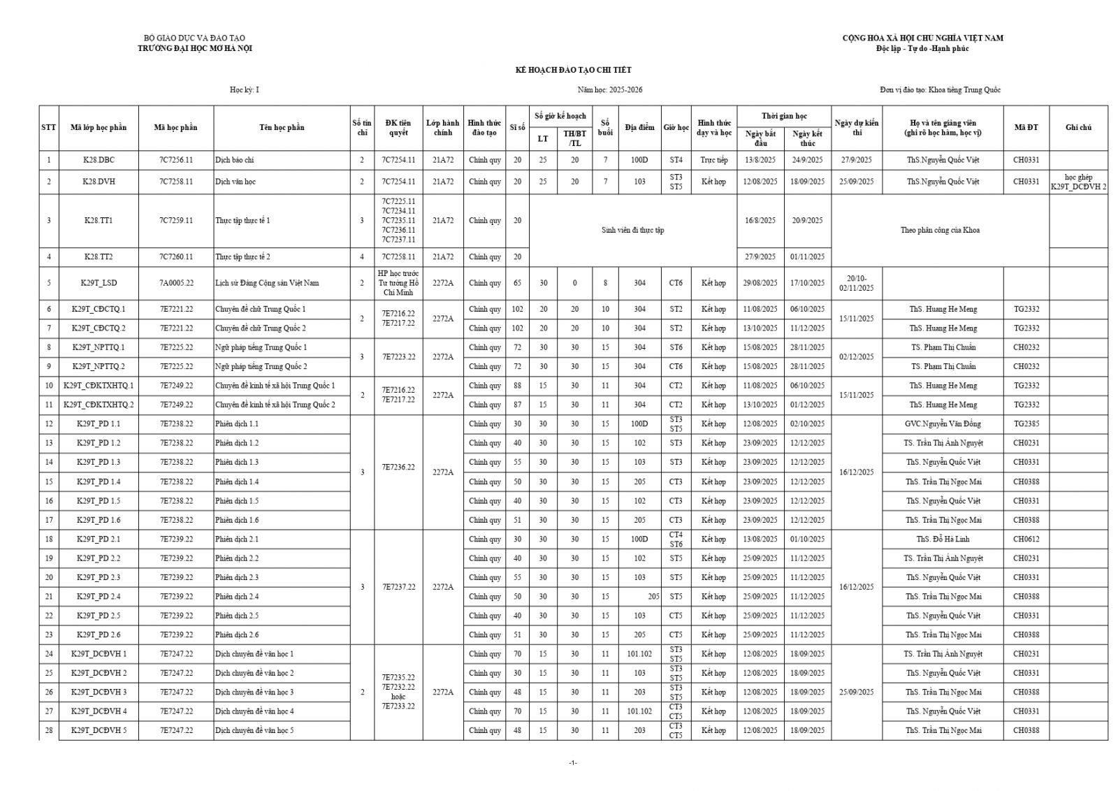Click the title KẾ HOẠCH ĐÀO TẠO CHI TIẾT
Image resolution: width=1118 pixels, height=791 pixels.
click(x=573, y=70)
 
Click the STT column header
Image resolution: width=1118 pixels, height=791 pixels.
click(x=48, y=127)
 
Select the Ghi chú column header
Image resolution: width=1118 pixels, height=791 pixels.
click(x=1078, y=127)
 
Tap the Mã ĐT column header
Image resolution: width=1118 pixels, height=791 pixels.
click(x=1026, y=127)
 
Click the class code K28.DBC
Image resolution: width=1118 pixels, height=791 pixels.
click(x=99, y=160)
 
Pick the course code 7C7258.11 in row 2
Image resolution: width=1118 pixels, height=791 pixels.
click(x=176, y=182)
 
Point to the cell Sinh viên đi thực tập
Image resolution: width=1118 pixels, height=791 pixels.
click(x=632, y=230)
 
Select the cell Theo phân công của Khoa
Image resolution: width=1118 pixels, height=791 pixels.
click(x=940, y=230)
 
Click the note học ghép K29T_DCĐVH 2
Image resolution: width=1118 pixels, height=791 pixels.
click(x=1078, y=182)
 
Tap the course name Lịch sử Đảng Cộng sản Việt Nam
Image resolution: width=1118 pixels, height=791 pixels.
click(x=267, y=283)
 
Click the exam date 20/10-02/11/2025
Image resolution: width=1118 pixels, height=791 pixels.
click(x=856, y=283)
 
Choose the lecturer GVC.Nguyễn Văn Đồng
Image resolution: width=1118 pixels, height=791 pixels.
click(x=943, y=424)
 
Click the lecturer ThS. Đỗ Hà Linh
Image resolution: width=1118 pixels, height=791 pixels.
click(x=943, y=539)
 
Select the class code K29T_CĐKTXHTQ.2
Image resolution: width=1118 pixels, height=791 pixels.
click(x=99, y=405)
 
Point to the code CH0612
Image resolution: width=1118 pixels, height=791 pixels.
click(x=1026, y=539)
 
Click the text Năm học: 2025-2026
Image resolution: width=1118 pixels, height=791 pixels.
click(x=609, y=90)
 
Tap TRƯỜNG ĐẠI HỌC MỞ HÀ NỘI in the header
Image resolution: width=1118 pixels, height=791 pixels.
click(x=195, y=48)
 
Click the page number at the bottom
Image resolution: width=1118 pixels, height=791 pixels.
click(x=573, y=762)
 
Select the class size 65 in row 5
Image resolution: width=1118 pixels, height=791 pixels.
click(x=517, y=283)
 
